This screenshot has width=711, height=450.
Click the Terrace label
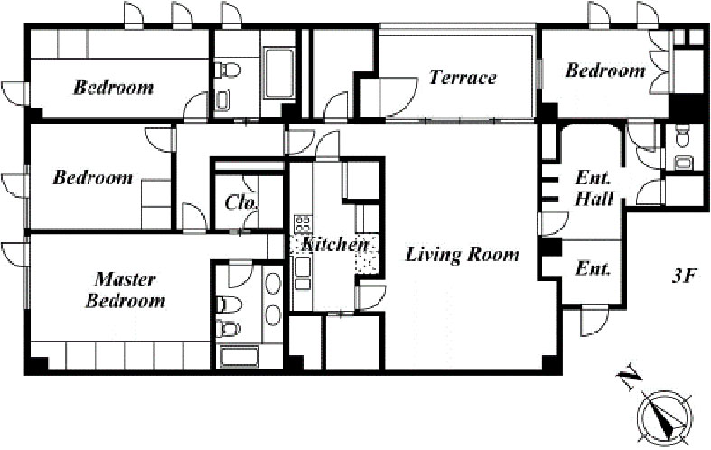click(463, 77)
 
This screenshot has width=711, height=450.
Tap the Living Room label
click(463, 255)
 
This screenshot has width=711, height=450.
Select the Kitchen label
click(334, 245)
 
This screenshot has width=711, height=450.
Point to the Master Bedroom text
click(126, 290)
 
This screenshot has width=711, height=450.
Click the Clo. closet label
click(242, 202)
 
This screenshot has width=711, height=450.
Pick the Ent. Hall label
click(594, 188)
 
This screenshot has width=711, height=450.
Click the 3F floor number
click(683, 277)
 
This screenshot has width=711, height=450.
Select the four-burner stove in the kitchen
click(303, 223)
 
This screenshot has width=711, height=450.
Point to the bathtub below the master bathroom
click(239, 357)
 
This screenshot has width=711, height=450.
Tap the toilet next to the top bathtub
click(228, 70)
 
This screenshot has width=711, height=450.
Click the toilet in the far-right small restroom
click(681, 138)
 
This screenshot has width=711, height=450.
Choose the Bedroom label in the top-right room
click(605, 70)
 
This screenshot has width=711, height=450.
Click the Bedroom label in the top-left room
click(113, 87)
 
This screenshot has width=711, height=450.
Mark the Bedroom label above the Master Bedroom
click(93, 177)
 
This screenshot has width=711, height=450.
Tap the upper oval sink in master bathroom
click(273, 283)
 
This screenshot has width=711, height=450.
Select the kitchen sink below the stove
click(303, 267)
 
